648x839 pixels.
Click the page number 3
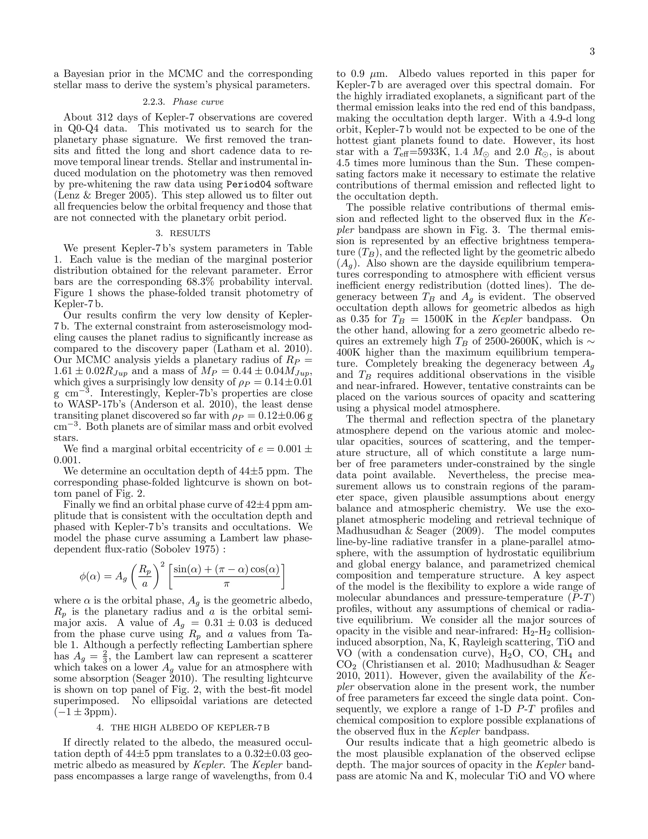click(x=592, y=52)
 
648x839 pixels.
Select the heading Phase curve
click(x=198, y=102)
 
